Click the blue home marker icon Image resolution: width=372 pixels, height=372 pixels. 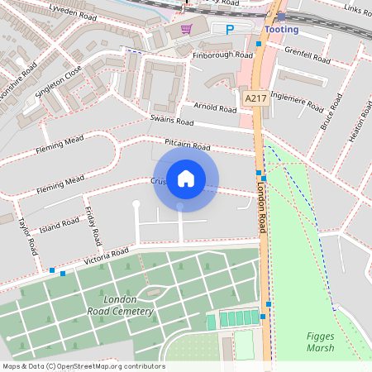pos(186,179)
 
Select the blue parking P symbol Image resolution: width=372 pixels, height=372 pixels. pos(231,29)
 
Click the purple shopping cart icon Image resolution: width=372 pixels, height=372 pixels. pos(187,29)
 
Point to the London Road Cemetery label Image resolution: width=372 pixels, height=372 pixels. pos(120,305)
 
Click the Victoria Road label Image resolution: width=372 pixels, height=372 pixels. pos(107,257)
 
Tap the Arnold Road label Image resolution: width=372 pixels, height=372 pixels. pos(215,107)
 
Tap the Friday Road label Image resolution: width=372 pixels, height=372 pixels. pos(91,225)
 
